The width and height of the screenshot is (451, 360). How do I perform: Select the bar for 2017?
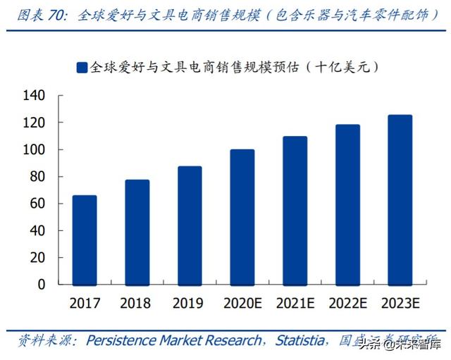(x=85, y=240)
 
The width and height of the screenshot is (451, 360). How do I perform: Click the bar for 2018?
(x=137, y=232)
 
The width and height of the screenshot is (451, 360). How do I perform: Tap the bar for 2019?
(x=190, y=225)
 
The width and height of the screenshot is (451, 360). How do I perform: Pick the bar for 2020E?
(x=242, y=217)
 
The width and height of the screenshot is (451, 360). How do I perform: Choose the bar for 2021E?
(x=295, y=210)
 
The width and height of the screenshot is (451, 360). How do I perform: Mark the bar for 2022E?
(x=347, y=204)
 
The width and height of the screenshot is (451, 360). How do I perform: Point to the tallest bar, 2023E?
(x=400, y=199)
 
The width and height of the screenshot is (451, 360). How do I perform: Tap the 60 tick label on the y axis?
(x=37, y=204)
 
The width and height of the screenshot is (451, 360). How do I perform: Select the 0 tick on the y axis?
(x=41, y=285)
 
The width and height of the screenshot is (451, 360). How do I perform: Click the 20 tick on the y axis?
(x=37, y=258)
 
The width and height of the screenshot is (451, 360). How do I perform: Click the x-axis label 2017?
(x=85, y=304)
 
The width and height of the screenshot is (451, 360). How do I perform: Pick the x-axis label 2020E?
(x=242, y=304)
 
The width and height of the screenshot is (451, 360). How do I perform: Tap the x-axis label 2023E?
(x=400, y=304)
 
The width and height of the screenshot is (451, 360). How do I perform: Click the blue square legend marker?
(x=81, y=68)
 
